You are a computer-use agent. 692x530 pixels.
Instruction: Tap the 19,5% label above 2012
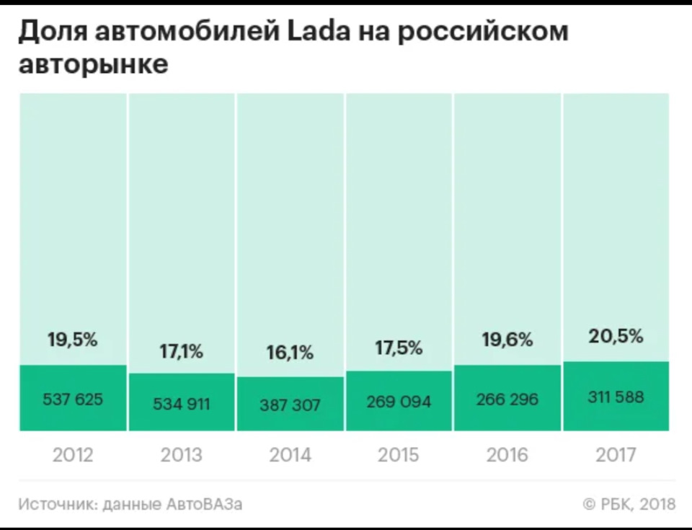[x=73, y=340]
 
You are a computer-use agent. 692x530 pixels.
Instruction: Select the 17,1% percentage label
[x=182, y=352]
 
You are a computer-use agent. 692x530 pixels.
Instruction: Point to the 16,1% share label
[x=290, y=353]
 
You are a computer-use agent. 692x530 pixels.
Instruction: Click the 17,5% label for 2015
[x=399, y=348]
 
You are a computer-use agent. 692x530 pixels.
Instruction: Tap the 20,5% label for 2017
[x=616, y=336]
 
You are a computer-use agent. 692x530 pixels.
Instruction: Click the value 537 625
[x=73, y=398]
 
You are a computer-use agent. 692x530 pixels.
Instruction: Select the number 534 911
[x=182, y=404]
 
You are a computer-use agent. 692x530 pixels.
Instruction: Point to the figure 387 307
[x=290, y=405]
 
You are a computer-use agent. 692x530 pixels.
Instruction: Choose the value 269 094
[x=399, y=400]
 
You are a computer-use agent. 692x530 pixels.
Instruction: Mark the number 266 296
[x=507, y=398]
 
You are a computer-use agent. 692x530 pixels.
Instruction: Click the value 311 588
[x=616, y=396]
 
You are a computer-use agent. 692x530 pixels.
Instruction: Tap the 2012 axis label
[x=73, y=455]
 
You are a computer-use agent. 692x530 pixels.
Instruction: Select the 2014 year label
[x=290, y=455]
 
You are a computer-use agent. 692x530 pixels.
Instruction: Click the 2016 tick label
[x=507, y=455]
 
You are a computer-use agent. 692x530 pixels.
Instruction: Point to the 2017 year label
[x=616, y=455]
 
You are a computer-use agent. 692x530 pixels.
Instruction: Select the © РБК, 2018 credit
[x=629, y=504]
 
